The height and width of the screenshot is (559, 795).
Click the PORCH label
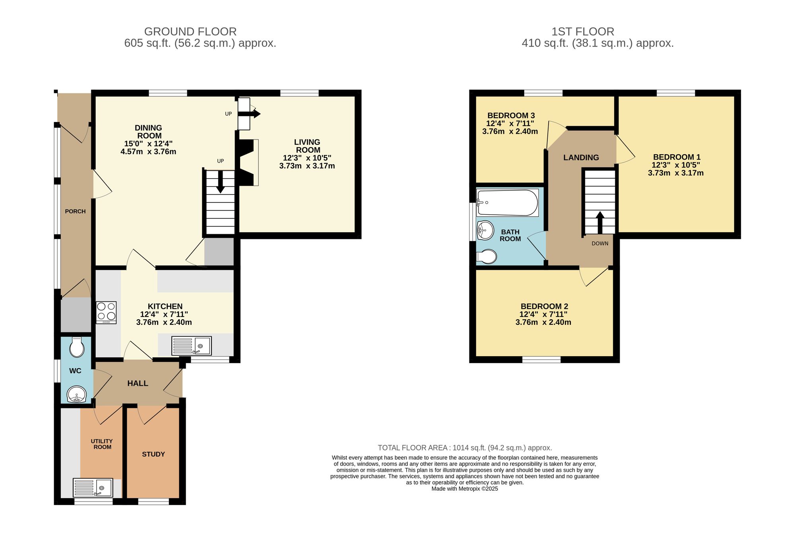(75, 212)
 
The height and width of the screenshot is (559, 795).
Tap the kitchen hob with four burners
(106, 312)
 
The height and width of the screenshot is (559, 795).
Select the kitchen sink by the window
(191, 345)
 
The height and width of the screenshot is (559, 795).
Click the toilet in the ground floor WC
(76, 347)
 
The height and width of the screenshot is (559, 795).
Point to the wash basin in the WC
(76, 395)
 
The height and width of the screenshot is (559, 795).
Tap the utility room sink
(93, 487)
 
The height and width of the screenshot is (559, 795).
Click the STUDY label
(153, 454)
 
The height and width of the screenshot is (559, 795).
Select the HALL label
(138, 384)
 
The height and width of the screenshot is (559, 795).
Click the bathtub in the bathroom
(507, 203)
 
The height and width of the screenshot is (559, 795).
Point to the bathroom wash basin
(485, 230)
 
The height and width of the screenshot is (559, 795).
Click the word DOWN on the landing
(600, 243)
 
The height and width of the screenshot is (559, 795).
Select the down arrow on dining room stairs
(220, 183)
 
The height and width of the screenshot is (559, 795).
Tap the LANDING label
(581, 158)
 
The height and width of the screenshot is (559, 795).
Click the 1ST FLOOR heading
(582, 31)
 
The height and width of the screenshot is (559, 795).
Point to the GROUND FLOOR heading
(190, 31)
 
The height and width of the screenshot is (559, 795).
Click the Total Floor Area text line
(465, 448)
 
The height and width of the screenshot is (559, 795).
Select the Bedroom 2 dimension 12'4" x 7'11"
(543, 314)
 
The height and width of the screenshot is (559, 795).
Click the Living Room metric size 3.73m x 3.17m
(307, 166)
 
